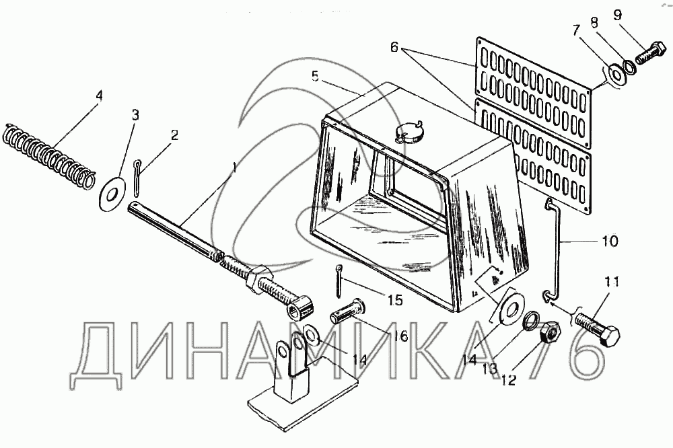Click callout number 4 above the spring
point(99,96)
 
